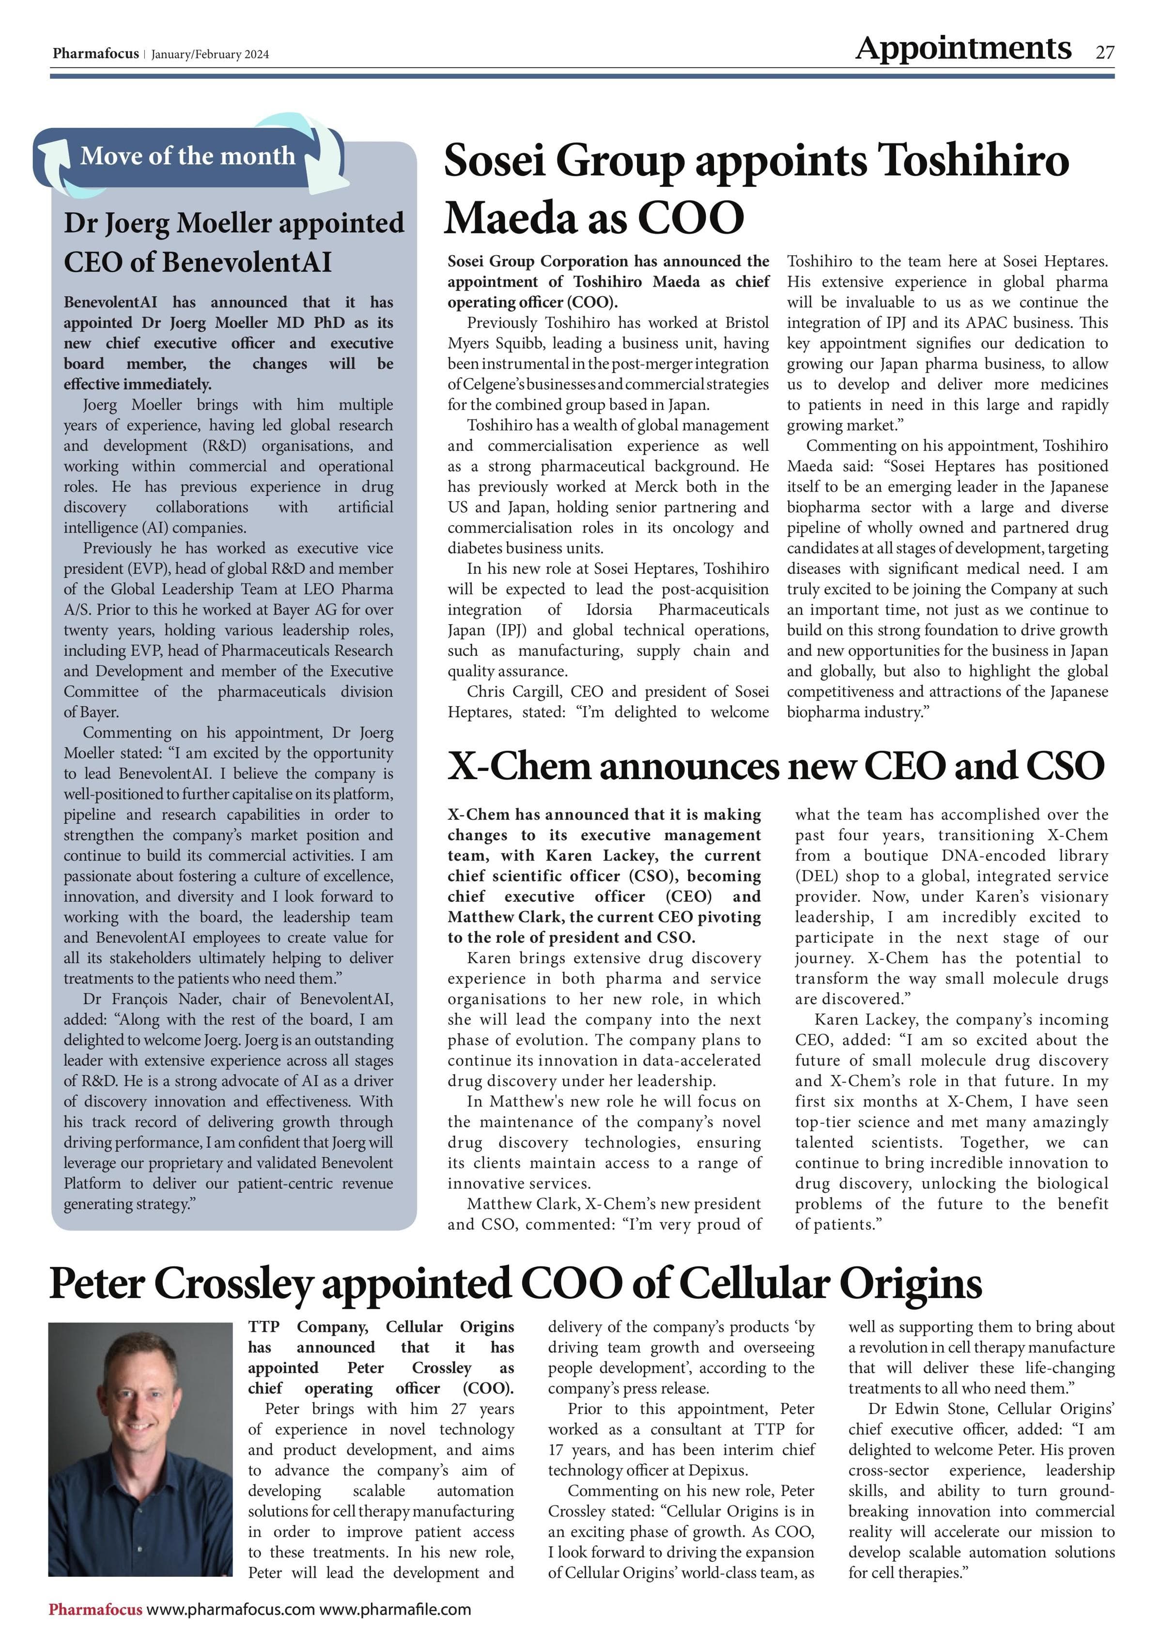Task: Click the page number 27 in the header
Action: [1105, 52]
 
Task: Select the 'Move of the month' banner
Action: [188, 155]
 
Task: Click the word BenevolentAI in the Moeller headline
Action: [198, 262]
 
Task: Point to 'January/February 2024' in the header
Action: [210, 55]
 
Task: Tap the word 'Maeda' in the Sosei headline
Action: [512, 218]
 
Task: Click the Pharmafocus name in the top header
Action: [95, 54]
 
